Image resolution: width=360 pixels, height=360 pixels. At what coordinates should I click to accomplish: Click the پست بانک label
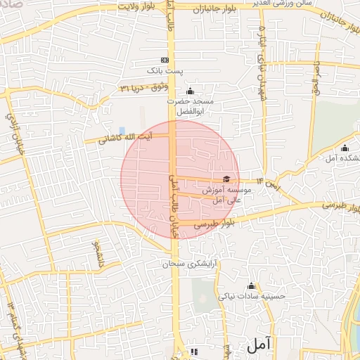pos(165,71)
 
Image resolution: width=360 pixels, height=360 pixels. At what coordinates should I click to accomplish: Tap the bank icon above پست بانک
pos(165,60)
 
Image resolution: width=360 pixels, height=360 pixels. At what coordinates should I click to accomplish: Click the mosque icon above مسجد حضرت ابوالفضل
pos(189,91)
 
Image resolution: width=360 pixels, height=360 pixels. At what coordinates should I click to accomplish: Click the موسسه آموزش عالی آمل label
pos(222,195)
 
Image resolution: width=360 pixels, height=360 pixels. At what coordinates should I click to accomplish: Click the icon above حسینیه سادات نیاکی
pos(251,285)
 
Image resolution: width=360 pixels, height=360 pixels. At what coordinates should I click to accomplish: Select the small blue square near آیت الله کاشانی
pos(122,131)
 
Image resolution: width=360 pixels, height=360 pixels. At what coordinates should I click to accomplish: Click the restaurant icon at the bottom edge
pos(195,351)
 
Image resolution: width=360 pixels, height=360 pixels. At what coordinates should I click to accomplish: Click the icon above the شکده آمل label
pos(345,148)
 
